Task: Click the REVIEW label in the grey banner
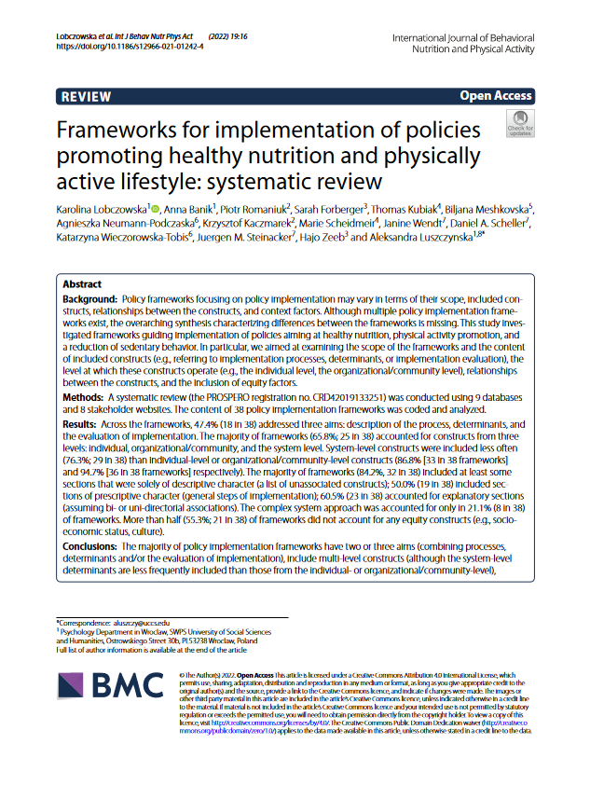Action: tap(85, 96)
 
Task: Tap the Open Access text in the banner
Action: tap(495, 96)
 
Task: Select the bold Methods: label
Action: tap(84, 396)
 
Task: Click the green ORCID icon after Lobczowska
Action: tap(156, 207)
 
